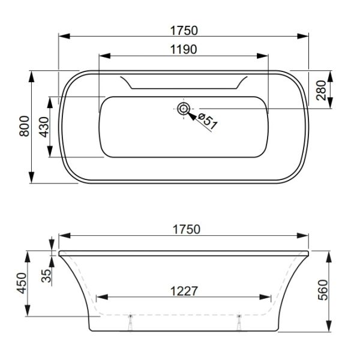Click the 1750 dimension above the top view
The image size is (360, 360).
183,29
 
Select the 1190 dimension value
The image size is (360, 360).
183,49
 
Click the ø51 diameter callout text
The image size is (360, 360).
208,121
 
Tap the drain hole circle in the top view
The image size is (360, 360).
184,109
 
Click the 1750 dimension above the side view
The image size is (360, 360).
183,229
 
